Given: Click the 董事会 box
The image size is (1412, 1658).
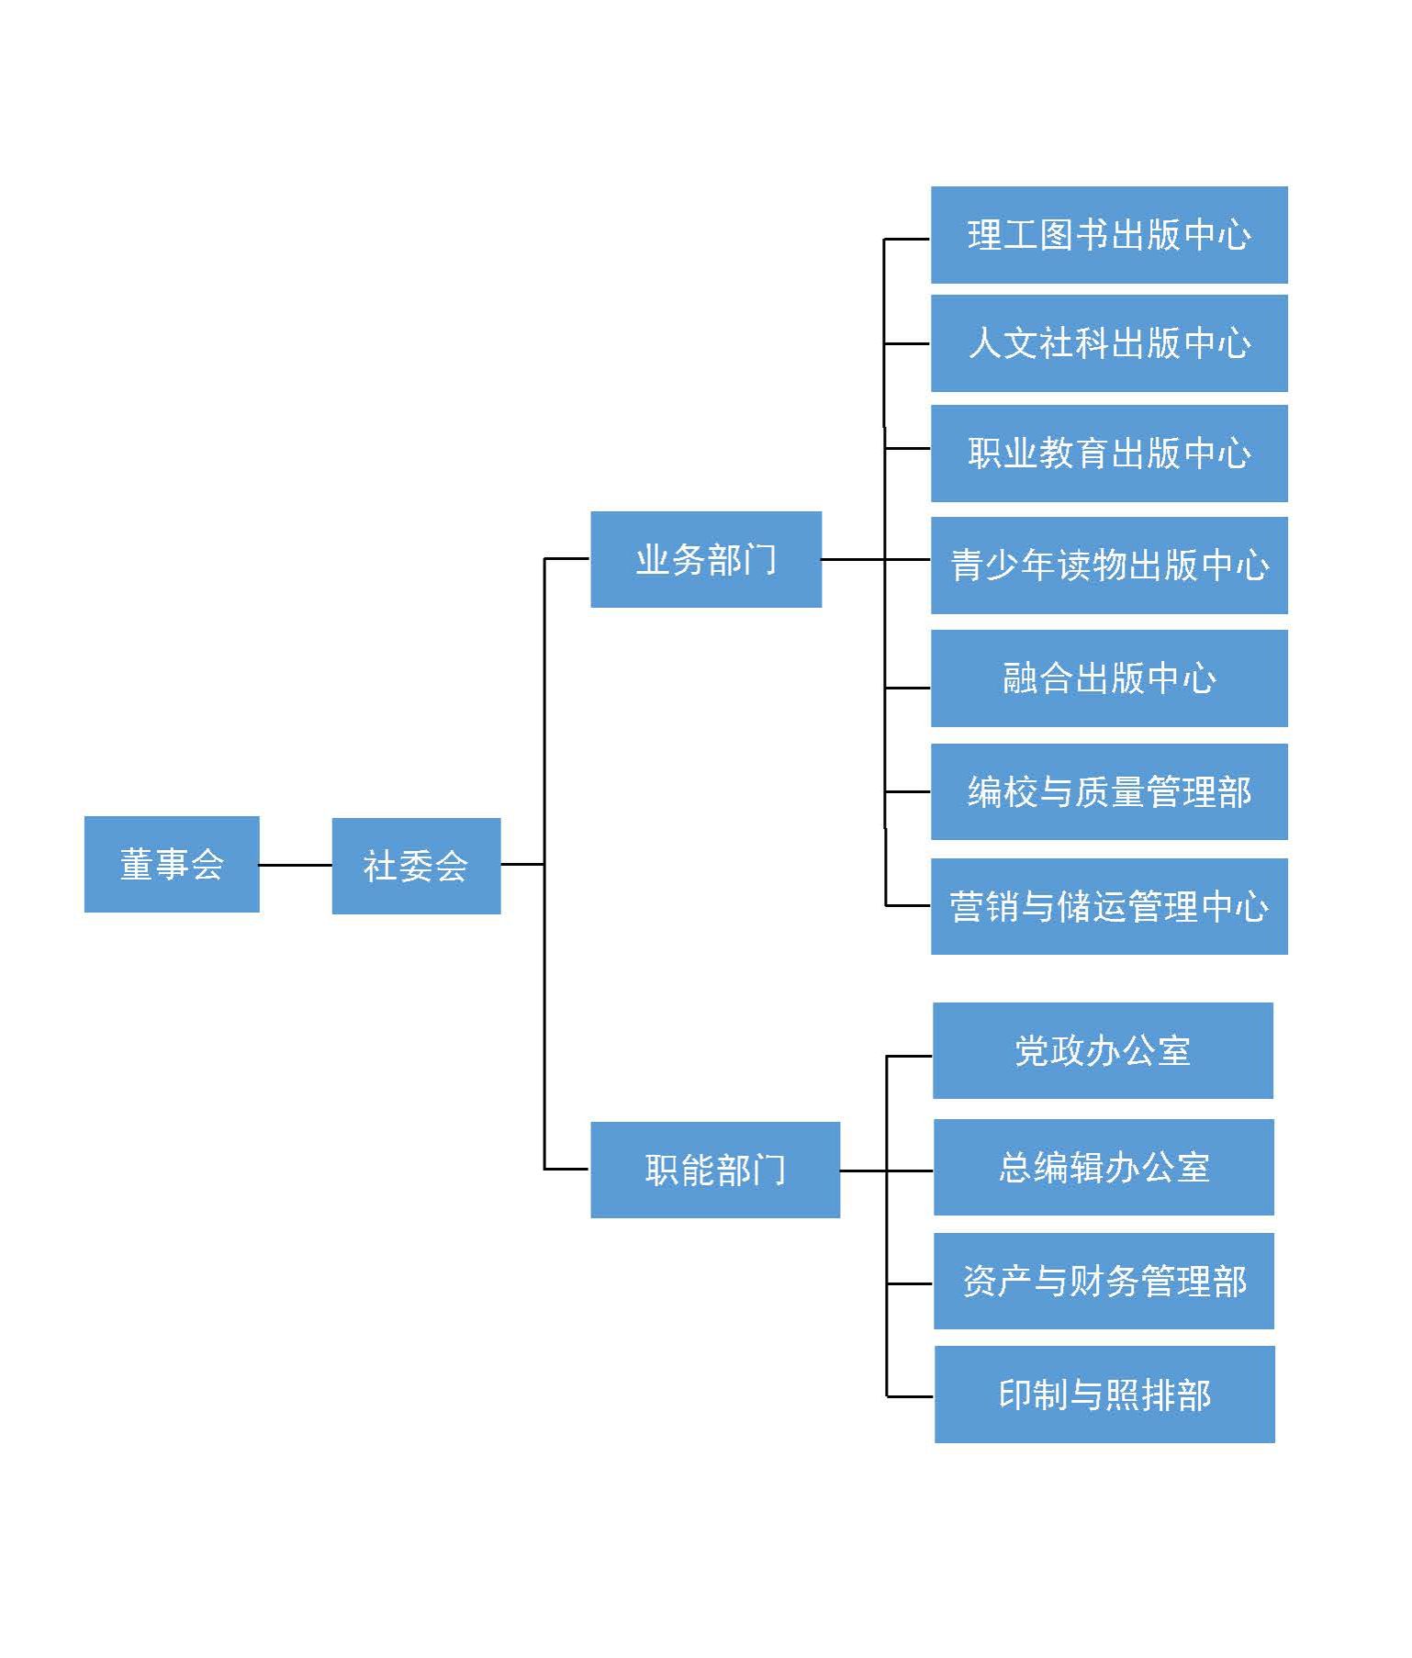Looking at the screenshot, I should (172, 864).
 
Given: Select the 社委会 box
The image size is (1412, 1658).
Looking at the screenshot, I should (416, 865).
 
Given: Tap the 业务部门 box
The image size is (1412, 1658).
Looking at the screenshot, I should (705, 559).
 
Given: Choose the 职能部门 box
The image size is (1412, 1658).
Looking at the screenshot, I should (714, 1170).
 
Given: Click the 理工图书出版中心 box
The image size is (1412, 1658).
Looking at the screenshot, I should (1109, 235).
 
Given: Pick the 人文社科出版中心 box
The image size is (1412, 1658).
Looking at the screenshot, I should (1109, 343).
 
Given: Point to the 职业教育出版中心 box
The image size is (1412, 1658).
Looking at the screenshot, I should (1109, 453).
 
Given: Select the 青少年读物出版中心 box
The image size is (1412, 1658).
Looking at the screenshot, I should (1109, 565).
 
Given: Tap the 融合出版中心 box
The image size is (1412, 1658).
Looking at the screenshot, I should (1109, 678).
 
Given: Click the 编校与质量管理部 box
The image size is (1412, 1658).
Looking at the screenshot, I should (1109, 791).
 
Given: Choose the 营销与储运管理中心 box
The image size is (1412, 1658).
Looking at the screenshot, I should (1109, 906).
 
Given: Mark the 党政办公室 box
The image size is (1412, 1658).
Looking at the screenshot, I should (1103, 1050).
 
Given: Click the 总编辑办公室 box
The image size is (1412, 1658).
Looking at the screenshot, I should (1104, 1167).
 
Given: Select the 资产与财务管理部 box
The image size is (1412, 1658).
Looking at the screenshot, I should (1104, 1281).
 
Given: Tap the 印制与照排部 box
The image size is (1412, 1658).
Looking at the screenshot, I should (1104, 1395).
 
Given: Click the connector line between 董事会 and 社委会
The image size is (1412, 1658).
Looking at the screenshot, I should (296, 865).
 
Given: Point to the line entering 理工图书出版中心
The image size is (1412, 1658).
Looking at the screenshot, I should (907, 239).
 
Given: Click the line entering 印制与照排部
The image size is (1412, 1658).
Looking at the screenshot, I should (910, 1396).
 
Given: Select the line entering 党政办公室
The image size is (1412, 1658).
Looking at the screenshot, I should (909, 1056).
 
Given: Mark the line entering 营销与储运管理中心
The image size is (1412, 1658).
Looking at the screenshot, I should (908, 905).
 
